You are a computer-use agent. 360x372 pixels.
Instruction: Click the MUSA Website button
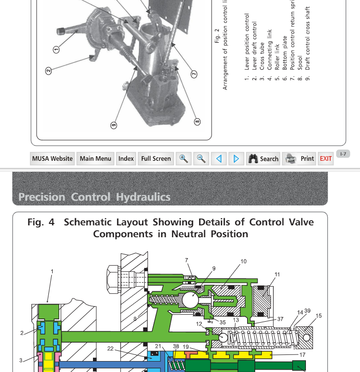click(53, 158)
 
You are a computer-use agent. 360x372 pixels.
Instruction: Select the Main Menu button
click(96, 158)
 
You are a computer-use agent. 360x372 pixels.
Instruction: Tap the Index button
click(126, 158)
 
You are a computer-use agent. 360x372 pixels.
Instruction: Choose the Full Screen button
click(156, 158)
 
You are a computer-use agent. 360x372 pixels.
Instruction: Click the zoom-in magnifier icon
click(183, 158)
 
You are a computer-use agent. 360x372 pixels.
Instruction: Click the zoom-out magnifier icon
click(201, 158)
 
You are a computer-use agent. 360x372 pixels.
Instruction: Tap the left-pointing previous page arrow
click(219, 158)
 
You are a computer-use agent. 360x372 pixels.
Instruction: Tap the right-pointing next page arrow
click(236, 158)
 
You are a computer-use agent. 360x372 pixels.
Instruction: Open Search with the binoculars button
click(263, 158)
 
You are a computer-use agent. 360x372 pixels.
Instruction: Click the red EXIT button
click(326, 158)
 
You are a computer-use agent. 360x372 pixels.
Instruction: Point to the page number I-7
click(343, 154)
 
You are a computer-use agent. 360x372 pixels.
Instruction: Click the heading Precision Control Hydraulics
click(94, 196)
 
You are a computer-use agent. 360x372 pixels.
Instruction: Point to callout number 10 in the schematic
click(243, 261)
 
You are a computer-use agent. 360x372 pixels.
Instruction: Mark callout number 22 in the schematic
click(111, 349)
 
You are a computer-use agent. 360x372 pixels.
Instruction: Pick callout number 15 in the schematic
click(318, 316)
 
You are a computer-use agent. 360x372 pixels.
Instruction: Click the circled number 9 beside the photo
click(113, 125)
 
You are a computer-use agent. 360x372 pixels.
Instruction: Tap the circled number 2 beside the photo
click(48, 71)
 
